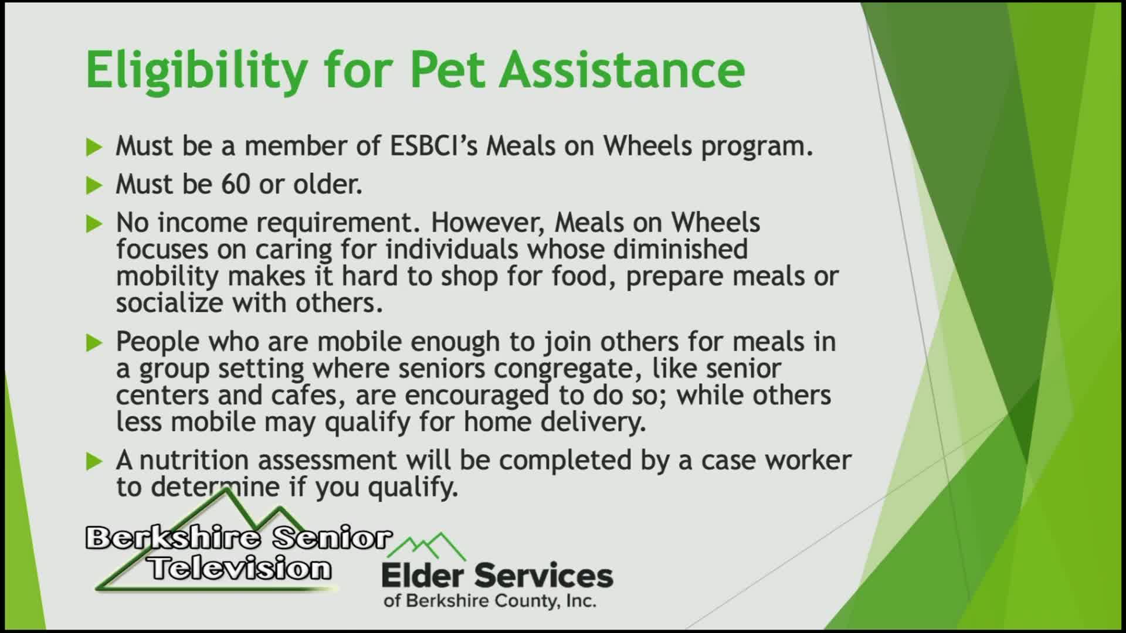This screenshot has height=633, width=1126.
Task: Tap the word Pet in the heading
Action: [x=447, y=69]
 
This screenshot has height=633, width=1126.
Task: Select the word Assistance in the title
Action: [x=622, y=69]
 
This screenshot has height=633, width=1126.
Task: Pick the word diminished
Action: [x=680, y=249]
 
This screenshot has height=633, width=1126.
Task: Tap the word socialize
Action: [x=169, y=303]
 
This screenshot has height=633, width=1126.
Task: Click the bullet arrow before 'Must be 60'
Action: [x=94, y=186]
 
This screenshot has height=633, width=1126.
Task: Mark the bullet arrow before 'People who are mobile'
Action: [x=94, y=343]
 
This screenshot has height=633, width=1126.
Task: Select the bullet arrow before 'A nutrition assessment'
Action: [x=94, y=462]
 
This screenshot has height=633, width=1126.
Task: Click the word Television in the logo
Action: [x=239, y=568]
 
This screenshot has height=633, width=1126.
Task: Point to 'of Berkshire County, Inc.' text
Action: [x=490, y=601]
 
